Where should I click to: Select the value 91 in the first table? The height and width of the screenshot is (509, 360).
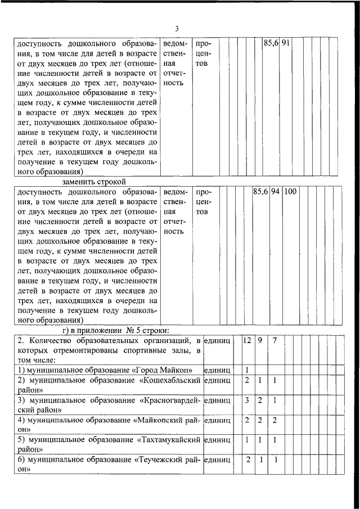click(x=285, y=43)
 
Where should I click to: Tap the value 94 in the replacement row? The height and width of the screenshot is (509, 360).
click(x=275, y=192)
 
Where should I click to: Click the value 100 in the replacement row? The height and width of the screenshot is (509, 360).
click(x=290, y=192)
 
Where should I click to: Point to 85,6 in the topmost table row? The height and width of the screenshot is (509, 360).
click(x=271, y=43)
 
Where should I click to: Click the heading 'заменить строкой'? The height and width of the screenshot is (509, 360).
click(x=92, y=182)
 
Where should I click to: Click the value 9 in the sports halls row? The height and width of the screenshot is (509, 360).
click(x=260, y=340)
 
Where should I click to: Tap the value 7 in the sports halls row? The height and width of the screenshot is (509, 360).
click(x=274, y=340)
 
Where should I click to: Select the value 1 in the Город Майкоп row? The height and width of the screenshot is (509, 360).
click(x=247, y=370)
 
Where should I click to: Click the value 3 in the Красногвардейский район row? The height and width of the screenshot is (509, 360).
click(x=247, y=400)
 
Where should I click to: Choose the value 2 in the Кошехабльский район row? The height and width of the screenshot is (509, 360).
click(x=247, y=381)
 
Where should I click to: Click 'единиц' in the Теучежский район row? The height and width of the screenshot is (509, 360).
click(x=218, y=460)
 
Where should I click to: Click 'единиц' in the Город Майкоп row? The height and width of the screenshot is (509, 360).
click(x=218, y=370)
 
